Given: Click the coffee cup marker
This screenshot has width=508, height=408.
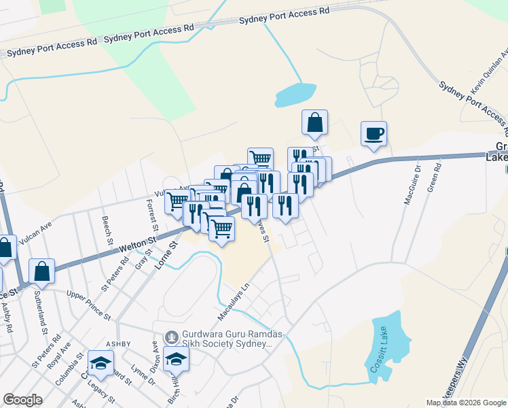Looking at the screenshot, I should pos(374,133).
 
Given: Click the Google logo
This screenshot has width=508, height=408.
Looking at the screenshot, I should pos(22,400).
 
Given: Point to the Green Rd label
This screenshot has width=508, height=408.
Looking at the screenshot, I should pos(434,180).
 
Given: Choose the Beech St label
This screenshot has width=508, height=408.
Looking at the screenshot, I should pos(107,231).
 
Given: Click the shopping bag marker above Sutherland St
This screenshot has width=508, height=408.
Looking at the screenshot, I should pos(42,271).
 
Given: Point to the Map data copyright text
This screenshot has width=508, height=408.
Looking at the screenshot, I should pos(465,403).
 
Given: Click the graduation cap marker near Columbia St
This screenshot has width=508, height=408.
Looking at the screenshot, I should pos(101,363).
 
